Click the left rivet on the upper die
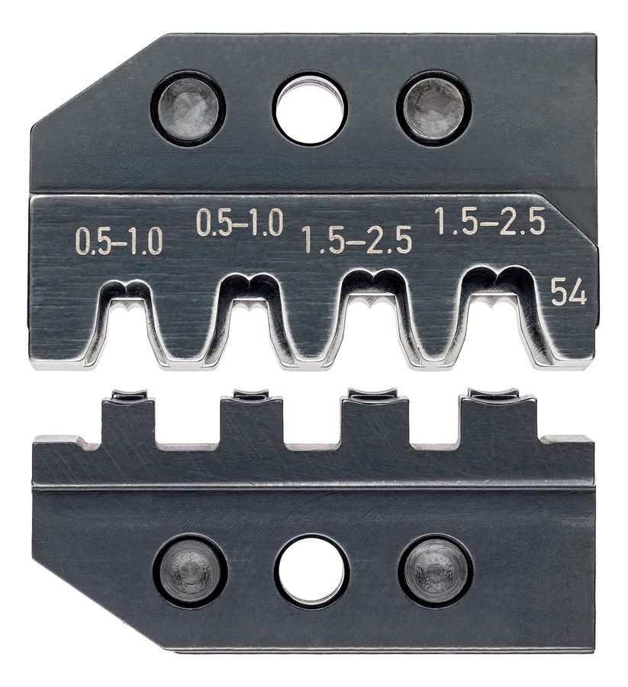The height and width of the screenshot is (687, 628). (x=188, y=108)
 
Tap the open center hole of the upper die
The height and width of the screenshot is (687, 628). (x=310, y=108)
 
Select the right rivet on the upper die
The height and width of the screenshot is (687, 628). (x=433, y=108)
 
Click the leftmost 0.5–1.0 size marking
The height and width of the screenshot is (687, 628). (x=119, y=241)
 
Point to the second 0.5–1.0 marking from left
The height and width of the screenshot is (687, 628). (x=240, y=221)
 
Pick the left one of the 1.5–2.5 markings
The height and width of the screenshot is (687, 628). (x=357, y=240)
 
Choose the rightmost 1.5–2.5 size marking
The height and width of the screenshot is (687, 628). (x=490, y=221)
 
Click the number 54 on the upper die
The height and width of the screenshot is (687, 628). (x=569, y=292)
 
